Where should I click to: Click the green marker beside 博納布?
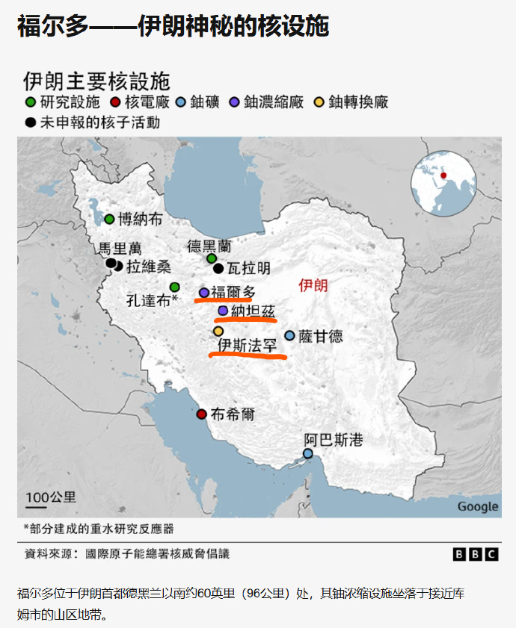[109, 219]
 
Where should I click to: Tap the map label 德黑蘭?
[209, 245]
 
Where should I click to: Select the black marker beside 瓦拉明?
[218, 268]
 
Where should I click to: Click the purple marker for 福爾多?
[204, 293]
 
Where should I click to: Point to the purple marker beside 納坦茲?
[222, 311]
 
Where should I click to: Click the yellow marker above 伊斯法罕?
[218, 331]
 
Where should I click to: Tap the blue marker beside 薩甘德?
[289, 336]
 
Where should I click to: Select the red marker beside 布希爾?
[200, 414]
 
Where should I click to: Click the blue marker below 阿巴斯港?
[307, 453]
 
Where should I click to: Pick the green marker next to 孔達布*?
[174, 287]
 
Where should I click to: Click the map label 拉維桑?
[149, 267]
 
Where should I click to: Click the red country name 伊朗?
[313, 285]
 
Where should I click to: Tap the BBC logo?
[475, 554]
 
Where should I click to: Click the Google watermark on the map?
[477, 506]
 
